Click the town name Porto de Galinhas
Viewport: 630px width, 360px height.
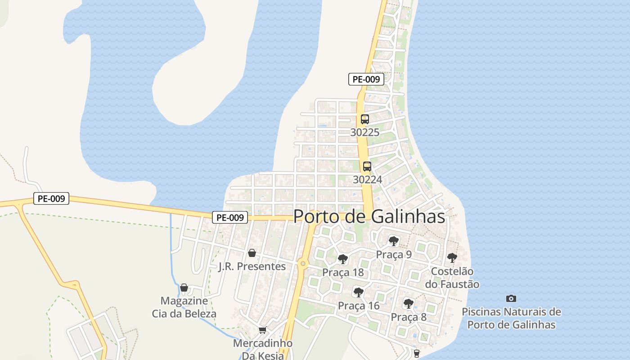369,216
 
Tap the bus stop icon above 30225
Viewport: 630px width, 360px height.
364,119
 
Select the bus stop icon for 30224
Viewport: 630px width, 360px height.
367,166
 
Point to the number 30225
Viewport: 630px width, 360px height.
365,133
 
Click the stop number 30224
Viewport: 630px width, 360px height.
367,180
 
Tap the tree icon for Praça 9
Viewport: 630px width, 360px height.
394,241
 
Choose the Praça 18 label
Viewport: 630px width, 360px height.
343,273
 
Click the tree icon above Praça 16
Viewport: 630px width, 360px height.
359,292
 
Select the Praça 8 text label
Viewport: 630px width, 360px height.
409,317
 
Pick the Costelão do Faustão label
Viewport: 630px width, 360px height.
452,278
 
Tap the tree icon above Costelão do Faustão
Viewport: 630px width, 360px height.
452,258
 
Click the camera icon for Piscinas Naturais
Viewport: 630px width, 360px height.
511,298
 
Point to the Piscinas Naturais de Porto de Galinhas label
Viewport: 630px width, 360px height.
511,318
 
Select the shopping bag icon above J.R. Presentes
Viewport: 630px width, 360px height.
252,253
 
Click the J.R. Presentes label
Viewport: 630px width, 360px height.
252,266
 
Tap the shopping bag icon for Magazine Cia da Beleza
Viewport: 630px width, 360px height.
184,288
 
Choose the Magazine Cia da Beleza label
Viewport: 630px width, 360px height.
184,307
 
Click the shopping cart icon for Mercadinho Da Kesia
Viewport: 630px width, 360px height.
263,330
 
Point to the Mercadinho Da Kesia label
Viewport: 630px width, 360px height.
263,349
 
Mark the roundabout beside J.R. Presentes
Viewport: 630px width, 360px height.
303,263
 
